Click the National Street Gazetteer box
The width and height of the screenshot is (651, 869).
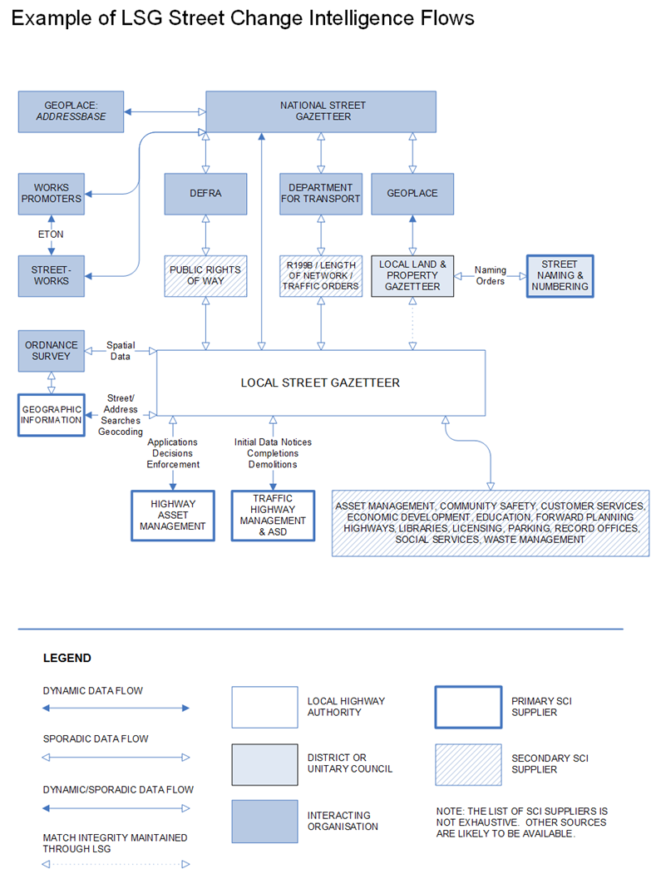(x=321, y=111)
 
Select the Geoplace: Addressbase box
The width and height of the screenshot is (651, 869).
(x=71, y=111)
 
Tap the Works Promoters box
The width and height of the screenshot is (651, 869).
(x=52, y=193)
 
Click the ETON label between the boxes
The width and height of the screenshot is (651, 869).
(x=52, y=235)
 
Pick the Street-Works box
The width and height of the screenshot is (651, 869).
(x=52, y=275)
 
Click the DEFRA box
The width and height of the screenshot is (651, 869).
(x=205, y=194)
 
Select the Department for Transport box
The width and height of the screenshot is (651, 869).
(x=321, y=194)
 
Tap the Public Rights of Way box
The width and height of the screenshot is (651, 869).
(x=205, y=275)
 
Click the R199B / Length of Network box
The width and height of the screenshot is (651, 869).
(x=321, y=275)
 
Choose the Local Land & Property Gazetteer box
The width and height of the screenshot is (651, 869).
(x=412, y=275)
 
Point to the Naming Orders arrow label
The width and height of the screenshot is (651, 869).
(x=491, y=275)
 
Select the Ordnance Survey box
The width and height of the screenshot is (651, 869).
(x=52, y=350)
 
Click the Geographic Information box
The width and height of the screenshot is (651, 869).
(x=52, y=414)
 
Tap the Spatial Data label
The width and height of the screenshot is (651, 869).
(x=121, y=350)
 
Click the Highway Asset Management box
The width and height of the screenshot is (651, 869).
(x=173, y=515)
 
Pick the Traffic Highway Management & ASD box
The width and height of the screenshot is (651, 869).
(x=273, y=515)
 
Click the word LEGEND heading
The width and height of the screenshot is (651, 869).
(x=67, y=658)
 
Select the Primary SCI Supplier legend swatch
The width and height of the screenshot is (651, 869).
(x=468, y=707)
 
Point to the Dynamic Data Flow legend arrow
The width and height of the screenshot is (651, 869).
(x=116, y=709)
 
